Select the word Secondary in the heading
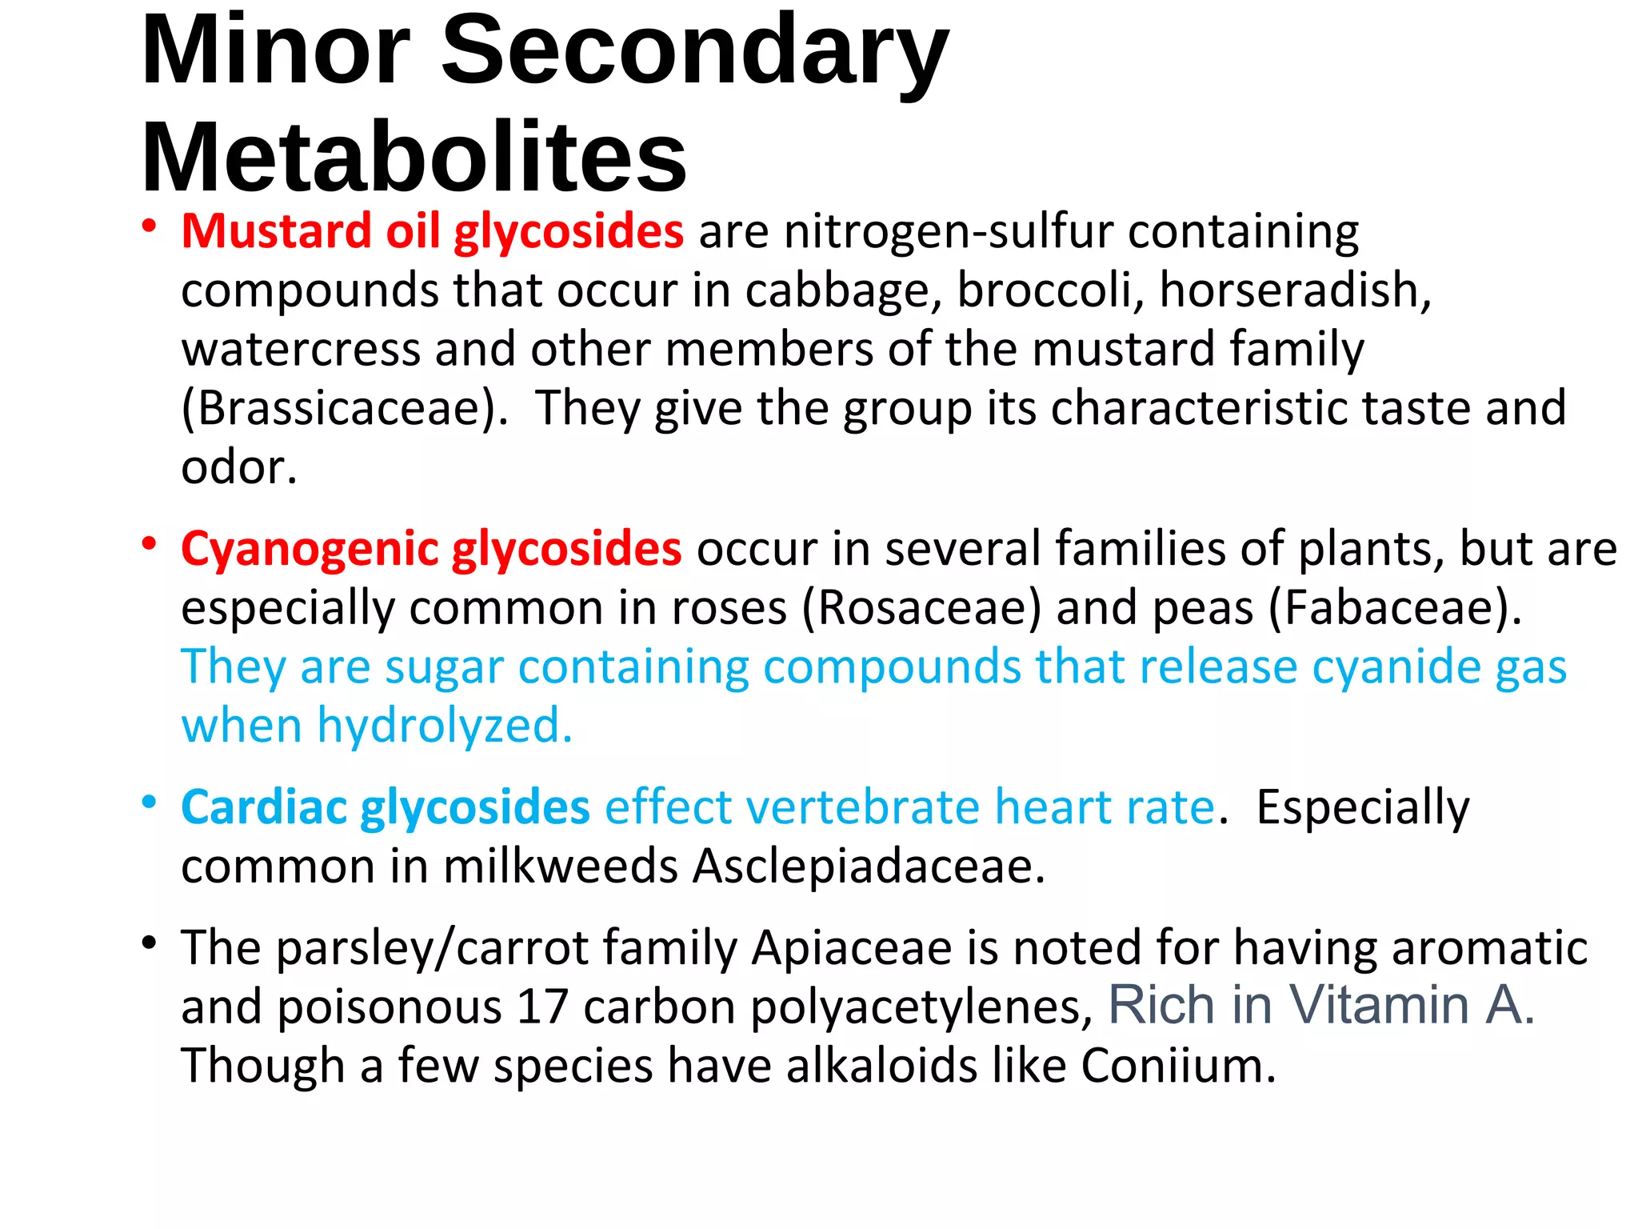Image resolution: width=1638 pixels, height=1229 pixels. (694, 53)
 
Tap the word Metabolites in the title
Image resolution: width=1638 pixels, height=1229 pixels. (413, 157)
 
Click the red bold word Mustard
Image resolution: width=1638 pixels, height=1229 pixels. (277, 231)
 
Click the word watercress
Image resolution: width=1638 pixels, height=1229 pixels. (301, 350)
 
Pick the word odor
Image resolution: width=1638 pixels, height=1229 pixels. (238, 467)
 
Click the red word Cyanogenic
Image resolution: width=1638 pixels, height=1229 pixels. (310, 550)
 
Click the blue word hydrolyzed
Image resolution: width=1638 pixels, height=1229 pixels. (445, 725)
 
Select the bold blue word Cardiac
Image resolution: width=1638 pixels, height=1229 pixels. (265, 807)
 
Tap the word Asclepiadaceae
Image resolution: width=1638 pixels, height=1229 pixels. (869, 866)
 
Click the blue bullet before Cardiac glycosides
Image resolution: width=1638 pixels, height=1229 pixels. (149, 801)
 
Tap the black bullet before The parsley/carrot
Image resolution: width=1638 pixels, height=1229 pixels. (149, 943)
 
